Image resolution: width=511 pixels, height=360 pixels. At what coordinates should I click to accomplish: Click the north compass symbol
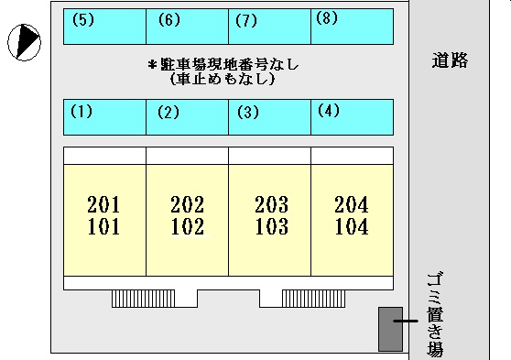24,40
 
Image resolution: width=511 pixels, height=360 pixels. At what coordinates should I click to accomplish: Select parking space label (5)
82,19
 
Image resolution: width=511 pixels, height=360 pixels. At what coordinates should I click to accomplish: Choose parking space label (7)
245,20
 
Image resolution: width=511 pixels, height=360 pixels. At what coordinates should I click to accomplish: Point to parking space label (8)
326,17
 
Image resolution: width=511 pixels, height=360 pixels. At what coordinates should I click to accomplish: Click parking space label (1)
82,113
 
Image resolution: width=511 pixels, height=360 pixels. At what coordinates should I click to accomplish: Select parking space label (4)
329,111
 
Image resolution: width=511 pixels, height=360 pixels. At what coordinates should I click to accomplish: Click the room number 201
103,204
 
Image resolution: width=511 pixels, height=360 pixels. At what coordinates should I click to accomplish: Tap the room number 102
187,227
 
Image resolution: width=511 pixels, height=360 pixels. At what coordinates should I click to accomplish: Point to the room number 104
352,227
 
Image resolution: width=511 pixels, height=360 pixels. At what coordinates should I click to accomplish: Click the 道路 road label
451,61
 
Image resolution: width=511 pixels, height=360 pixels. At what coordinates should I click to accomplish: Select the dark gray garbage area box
390,328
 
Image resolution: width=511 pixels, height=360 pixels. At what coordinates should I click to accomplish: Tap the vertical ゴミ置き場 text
435,314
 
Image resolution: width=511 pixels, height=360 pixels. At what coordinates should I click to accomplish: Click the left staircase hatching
142,298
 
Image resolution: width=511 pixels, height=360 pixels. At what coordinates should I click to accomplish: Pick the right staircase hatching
312,298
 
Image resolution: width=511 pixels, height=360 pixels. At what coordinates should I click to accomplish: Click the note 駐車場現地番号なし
223,65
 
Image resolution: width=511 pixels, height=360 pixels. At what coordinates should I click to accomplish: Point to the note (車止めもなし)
223,80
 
